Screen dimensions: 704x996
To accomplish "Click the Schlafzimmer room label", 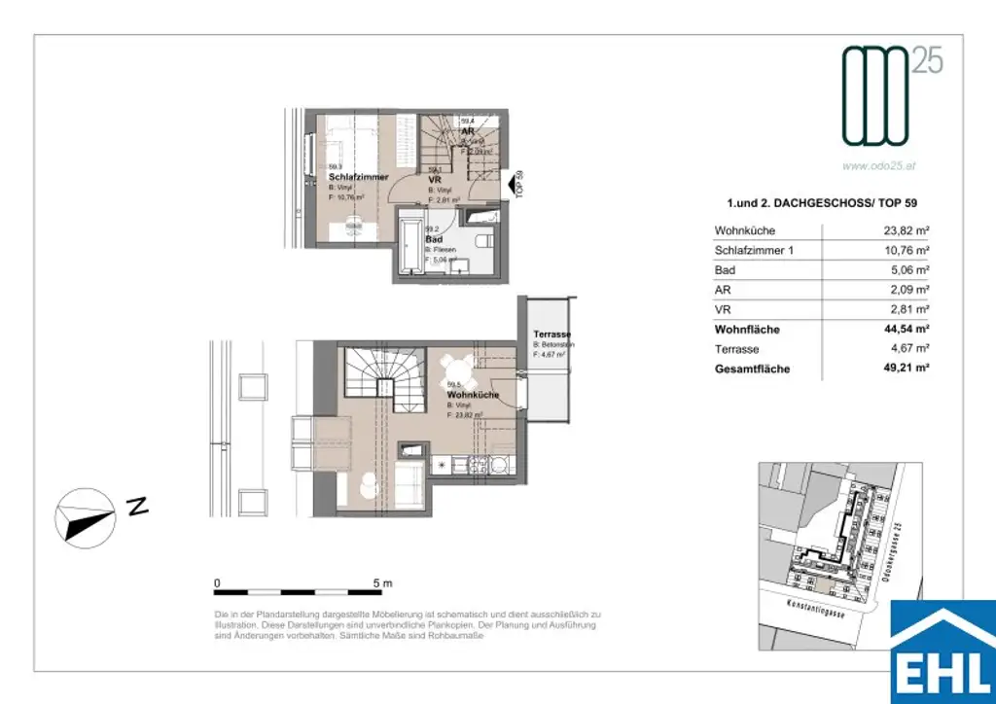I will tap(359, 177).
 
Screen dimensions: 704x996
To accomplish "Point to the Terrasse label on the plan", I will tap(551, 334).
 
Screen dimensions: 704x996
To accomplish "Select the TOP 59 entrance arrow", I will tap(512, 182).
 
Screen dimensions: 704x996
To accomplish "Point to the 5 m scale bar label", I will tap(382, 583).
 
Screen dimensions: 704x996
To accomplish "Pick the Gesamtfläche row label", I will tap(752, 370).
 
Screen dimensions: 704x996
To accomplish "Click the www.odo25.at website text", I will tap(880, 166).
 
